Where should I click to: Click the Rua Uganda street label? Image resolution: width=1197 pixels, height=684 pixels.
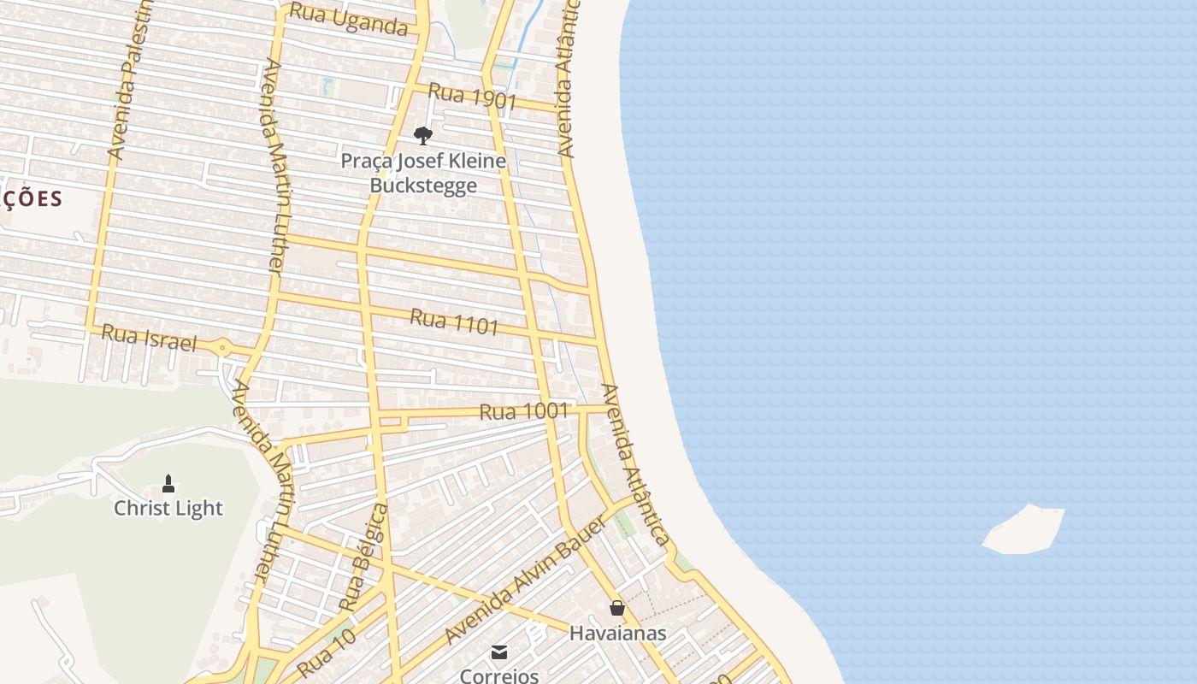pyautogui.click(x=348, y=19)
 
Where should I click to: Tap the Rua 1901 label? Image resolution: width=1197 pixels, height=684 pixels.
pyautogui.click(x=472, y=95)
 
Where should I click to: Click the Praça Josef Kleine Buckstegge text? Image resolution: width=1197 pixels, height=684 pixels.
pyautogui.click(x=423, y=173)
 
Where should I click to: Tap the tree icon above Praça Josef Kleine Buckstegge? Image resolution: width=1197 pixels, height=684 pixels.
pyautogui.click(x=422, y=135)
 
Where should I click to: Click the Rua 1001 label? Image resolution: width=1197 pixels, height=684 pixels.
pyautogui.click(x=523, y=411)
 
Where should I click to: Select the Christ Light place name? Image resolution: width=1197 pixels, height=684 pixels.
pyautogui.click(x=168, y=508)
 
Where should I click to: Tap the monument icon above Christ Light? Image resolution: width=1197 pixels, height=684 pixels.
pyautogui.click(x=168, y=484)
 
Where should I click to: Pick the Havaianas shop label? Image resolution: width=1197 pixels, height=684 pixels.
pyautogui.click(x=617, y=634)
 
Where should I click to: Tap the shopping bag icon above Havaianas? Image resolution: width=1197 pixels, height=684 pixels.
pyautogui.click(x=617, y=608)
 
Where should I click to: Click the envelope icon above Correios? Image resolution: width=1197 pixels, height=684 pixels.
pyautogui.click(x=499, y=652)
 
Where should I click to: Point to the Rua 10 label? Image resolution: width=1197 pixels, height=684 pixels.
pyautogui.click(x=326, y=655)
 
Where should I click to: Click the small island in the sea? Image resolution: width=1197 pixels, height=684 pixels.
pyautogui.click(x=1024, y=529)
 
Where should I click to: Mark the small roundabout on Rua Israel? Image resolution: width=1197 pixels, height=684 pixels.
pyautogui.click(x=223, y=347)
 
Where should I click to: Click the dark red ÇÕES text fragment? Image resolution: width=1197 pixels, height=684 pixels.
pyautogui.click(x=32, y=199)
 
